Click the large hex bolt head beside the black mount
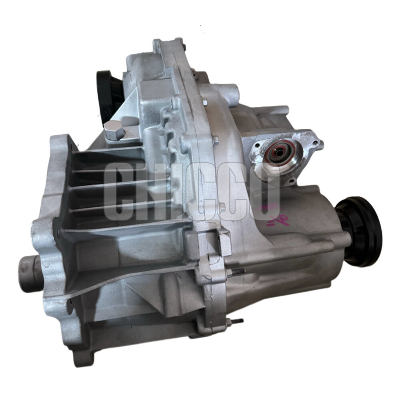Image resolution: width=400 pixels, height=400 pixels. [x=114, y=130]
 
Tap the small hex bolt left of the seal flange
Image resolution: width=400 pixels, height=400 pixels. [x=216, y=140]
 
